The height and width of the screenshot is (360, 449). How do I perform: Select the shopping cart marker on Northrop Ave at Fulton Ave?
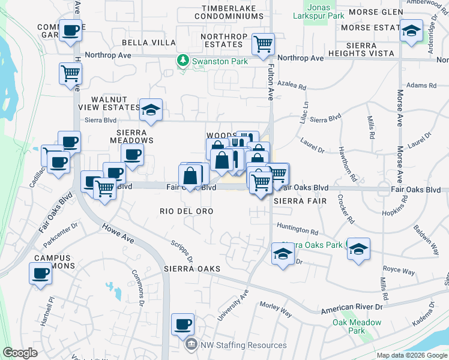coord(263,44)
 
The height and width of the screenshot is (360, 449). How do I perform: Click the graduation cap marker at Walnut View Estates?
coord(151,109)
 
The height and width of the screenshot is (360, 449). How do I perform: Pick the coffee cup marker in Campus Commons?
coord(41,274)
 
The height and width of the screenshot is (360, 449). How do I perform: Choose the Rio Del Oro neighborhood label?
coord(187,211)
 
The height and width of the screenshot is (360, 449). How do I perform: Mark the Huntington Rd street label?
coord(298,230)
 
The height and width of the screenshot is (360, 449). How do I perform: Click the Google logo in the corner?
coord(20,353)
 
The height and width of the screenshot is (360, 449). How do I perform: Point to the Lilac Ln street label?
coord(305,113)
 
